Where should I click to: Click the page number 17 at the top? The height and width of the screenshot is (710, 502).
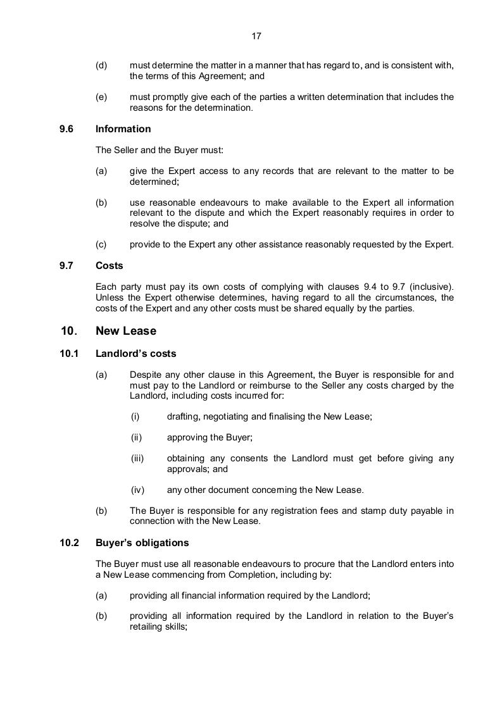point(256,36)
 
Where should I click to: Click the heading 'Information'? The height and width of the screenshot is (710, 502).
point(123,129)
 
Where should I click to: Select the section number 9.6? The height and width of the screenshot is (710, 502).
point(66,129)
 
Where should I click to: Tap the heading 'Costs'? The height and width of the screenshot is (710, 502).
point(109,266)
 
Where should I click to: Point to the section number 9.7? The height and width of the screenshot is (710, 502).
point(66,266)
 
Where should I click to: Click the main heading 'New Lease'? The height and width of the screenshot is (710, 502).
point(125,331)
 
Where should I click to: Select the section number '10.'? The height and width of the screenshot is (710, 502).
point(69,331)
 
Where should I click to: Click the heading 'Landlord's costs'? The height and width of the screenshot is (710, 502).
point(135,354)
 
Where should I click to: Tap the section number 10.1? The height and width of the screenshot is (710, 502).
point(68,354)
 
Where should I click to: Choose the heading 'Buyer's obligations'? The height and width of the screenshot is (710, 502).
point(142,543)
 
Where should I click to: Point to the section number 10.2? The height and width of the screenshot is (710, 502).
point(68,543)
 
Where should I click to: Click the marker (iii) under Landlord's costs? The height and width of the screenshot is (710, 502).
point(137,458)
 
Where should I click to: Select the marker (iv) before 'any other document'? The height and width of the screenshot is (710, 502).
point(137,490)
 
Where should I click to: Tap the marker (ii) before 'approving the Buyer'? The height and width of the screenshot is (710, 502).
point(136,437)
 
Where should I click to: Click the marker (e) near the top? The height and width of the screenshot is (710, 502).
point(101,97)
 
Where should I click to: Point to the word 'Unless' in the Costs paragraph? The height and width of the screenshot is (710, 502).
point(109,297)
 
